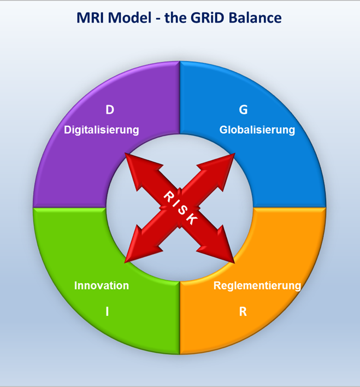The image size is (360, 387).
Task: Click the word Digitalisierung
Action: (102, 130)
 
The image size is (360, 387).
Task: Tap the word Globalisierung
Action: (257, 130)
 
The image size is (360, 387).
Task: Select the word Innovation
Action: (102, 285)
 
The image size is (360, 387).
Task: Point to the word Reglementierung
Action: (257, 286)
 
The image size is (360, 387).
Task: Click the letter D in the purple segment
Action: (110, 109)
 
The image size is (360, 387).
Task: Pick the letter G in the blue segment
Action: (243, 109)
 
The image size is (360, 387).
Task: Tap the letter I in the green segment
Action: (107, 312)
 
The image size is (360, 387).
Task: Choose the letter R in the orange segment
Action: (243, 312)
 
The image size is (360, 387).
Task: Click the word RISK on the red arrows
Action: (181, 208)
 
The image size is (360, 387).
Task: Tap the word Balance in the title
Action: (255, 18)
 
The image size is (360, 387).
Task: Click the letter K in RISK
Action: (192, 219)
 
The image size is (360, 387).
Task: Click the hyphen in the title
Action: (158, 19)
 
